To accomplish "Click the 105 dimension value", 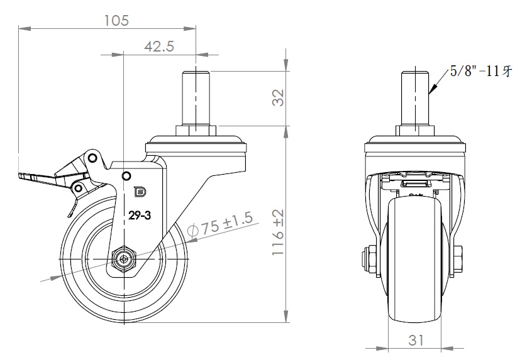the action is [x=116, y=20].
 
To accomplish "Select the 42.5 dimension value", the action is [x=159, y=46].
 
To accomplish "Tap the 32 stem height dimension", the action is [x=278, y=97].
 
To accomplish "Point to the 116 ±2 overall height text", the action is [x=278, y=232].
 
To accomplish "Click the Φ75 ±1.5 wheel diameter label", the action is [x=221, y=225].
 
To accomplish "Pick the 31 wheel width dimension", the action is [x=416, y=340].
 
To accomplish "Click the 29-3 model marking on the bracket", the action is [x=140, y=215].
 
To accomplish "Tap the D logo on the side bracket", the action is [x=140, y=192].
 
